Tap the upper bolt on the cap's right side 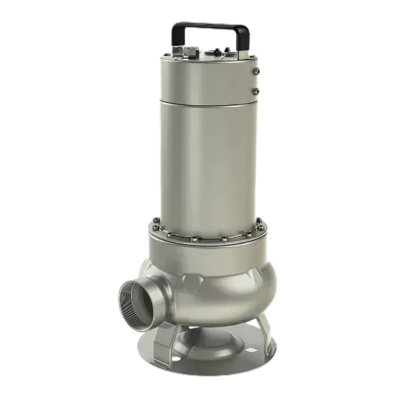(257, 70)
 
